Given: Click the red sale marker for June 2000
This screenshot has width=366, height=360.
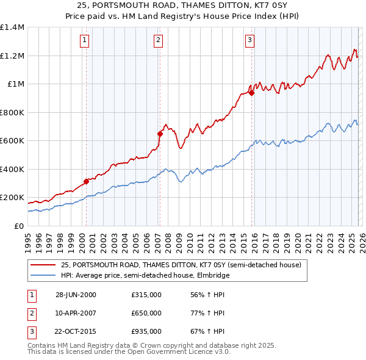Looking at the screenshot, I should [86, 181].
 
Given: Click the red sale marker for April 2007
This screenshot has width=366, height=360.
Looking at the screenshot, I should [160, 134].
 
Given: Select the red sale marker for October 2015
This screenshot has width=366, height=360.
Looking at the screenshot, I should [251, 93].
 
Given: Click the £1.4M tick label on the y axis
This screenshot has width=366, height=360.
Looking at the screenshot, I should [12, 27].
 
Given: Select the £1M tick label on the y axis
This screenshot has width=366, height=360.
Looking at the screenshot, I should [16, 84].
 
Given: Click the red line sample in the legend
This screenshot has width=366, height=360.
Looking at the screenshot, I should [43, 265].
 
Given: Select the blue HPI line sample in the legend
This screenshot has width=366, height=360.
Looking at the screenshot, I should [43, 275].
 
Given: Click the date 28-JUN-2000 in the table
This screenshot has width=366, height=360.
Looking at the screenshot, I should [76, 295].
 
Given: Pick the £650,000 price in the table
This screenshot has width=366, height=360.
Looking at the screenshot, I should [146, 313].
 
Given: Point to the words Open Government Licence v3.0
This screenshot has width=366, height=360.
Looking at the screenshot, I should [177, 351].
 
